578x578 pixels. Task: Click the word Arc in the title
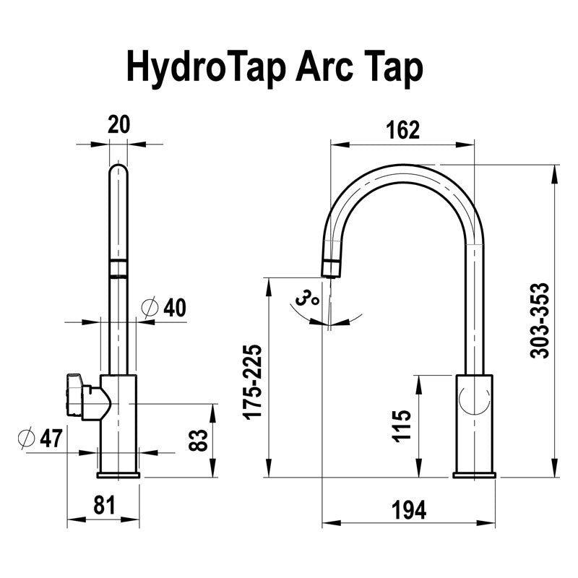coord(319,67)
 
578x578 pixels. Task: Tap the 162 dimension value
coord(403,129)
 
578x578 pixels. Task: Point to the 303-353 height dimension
coord(540,320)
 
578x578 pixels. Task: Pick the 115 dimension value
coord(402,426)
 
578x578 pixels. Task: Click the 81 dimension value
coord(104,506)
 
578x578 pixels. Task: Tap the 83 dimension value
coord(196,440)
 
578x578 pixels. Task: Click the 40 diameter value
coord(174,308)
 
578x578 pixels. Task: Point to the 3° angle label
coord(307,297)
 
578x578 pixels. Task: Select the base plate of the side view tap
coord(475,475)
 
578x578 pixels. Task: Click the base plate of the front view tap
coord(118,475)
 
